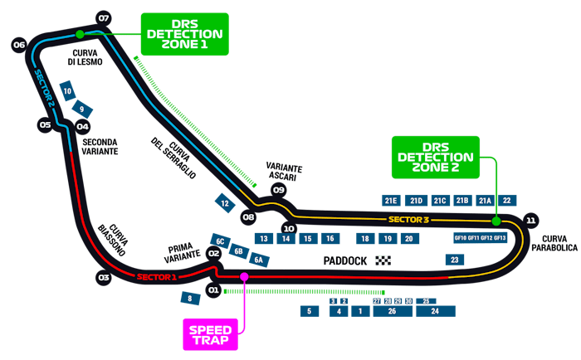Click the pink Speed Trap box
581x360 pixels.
[x=211, y=334]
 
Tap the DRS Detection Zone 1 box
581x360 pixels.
[x=184, y=34]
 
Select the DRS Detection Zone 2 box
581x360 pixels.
[x=436, y=157]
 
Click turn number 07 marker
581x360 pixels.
[x=104, y=17]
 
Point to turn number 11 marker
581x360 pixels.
[x=531, y=220]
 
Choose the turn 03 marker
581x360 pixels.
[x=104, y=277]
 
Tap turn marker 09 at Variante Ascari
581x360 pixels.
[x=279, y=190]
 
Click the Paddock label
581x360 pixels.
[x=345, y=261]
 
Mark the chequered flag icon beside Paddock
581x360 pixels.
[x=383, y=261]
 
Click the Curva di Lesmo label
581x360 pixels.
[x=84, y=56]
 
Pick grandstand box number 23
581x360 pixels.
[x=454, y=260]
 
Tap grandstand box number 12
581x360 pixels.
[x=225, y=202]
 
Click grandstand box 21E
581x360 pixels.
[x=392, y=200]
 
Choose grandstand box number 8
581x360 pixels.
[x=190, y=298]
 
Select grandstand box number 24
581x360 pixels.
[x=434, y=311]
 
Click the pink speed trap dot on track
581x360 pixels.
[x=244, y=276]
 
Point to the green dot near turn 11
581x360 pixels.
[x=496, y=221]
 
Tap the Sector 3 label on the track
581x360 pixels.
[x=408, y=220]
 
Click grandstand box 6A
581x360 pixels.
[x=260, y=260]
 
